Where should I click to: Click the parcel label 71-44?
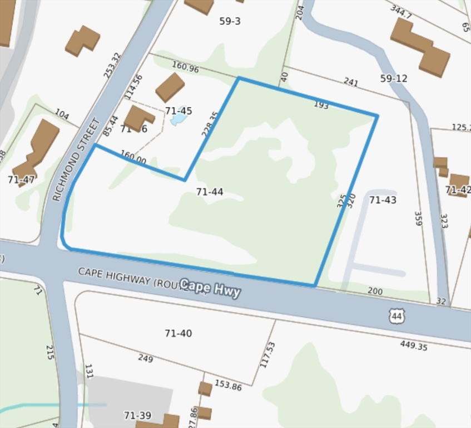(210, 192)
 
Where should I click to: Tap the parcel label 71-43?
(383, 200)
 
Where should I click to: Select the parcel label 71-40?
(179, 333)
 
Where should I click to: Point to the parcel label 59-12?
(394, 79)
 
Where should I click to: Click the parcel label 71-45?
(179, 111)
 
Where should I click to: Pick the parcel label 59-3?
(230, 21)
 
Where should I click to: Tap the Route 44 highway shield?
(397, 317)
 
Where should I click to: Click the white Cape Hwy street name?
(210, 288)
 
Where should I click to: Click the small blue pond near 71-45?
(177, 119)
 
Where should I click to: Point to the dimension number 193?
(321, 105)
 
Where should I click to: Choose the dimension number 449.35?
(414, 346)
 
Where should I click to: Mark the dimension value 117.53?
(267, 354)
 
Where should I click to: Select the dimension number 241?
(351, 82)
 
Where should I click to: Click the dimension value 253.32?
(111, 65)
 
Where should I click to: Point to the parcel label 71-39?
(137, 416)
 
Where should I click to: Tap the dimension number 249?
(146, 358)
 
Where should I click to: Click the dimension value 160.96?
(185, 67)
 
